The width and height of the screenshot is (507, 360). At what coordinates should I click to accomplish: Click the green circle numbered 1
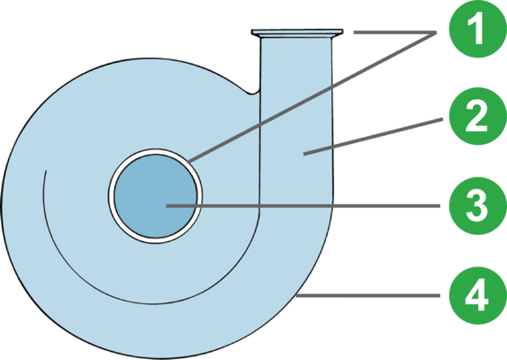(478, 29)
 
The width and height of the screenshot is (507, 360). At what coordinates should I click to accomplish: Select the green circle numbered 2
(478, 116)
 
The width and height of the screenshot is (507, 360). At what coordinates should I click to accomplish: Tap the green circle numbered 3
(478, 206)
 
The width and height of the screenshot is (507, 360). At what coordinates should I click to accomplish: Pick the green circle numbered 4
(478, 295)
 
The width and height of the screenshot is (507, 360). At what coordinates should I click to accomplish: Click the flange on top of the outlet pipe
(297, 32)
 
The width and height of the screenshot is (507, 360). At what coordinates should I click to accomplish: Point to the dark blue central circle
(156, 196)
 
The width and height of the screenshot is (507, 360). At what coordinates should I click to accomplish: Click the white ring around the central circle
(156, 151)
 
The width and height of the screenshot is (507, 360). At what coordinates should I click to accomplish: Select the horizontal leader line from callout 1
(395, 32)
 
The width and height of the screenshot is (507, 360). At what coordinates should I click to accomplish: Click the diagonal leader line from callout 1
(312, 97)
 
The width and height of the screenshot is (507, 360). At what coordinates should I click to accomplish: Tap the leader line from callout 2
(373, 137)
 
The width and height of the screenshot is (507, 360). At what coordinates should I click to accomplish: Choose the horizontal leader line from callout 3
(303, 206)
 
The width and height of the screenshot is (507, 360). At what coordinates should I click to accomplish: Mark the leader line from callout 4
(368, 295)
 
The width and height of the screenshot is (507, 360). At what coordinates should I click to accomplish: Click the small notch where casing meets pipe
(253, 92)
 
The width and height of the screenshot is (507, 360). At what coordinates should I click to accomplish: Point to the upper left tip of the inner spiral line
(47, 171)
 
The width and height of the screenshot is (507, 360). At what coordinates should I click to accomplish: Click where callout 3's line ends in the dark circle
(167, 206)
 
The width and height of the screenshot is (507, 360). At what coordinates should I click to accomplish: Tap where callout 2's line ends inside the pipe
(304, 155)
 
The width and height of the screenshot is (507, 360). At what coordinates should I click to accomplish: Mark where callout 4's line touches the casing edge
(297, 295)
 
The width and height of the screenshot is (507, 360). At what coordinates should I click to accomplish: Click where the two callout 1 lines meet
(436, 32)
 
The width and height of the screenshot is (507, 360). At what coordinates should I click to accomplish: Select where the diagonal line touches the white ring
(188, 161)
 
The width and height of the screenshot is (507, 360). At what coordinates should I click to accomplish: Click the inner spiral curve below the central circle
(154, 304)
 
